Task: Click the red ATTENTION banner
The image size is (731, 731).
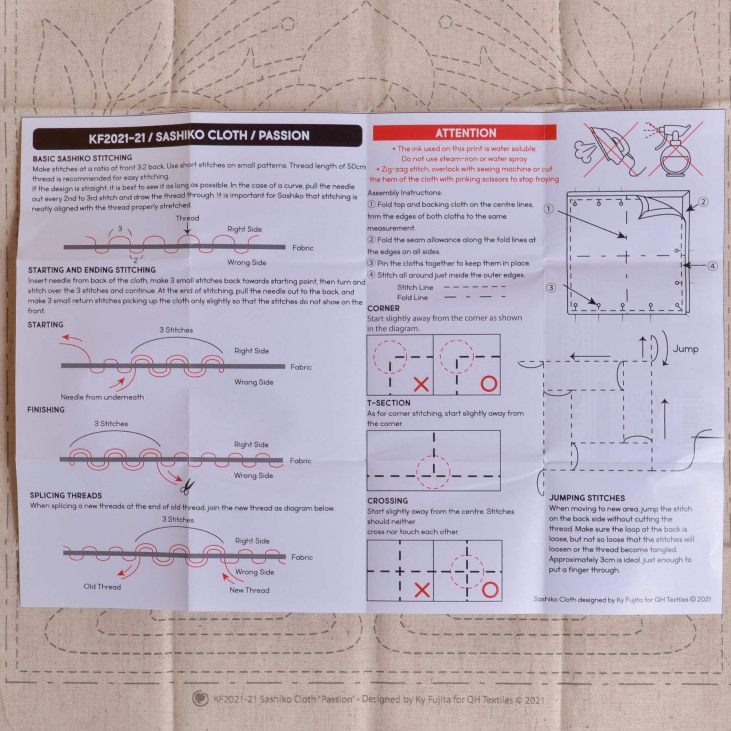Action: coord(465,133)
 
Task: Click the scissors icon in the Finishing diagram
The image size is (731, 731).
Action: coord(187,487)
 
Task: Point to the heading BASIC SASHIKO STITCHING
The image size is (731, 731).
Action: coord(82,158)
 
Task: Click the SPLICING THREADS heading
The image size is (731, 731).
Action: coord(66,495)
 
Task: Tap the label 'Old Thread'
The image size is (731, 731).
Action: coord(102,586)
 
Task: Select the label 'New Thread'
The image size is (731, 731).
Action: coord(249,590)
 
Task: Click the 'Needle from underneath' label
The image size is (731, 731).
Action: coord(102,397)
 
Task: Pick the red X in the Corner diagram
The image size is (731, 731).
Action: coord(421,384)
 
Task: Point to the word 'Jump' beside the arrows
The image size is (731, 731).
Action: coord(685,349)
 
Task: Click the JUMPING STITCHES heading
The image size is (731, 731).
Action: coord(587,498)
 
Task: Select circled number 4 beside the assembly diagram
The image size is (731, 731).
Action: coord(712,266)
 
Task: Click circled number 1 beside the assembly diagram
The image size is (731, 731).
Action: coord(549,209)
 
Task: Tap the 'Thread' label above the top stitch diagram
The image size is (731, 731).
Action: coord(187,218)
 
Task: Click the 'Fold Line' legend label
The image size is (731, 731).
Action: coord(412,297)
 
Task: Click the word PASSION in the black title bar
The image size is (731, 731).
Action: coord(284,136)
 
